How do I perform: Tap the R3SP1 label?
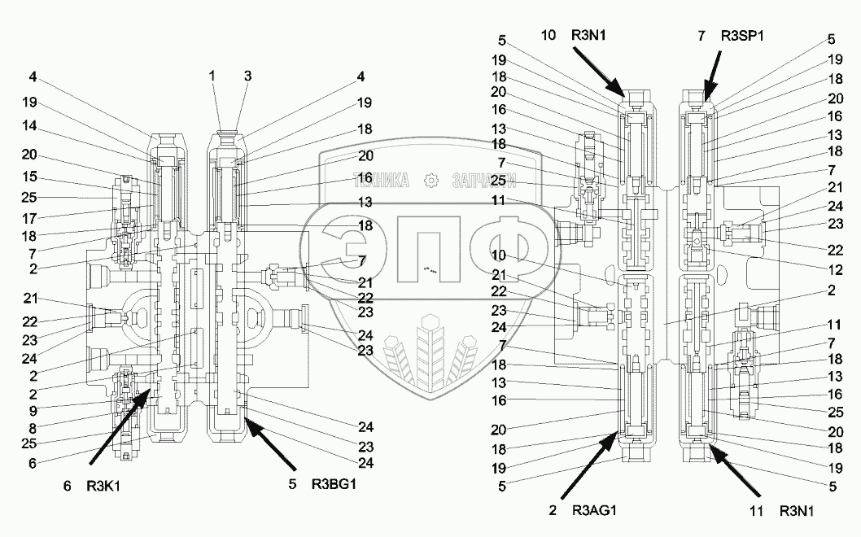(746, 35)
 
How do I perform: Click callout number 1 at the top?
(212, 76)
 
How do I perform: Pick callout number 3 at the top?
(247, 76)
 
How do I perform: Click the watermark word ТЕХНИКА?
(378, 181)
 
